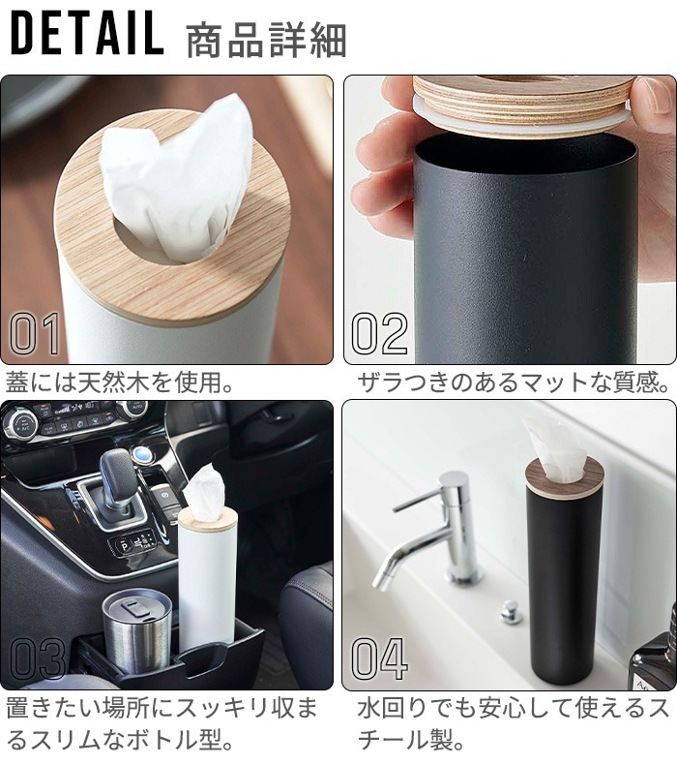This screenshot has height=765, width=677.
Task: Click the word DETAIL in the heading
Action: click(87, 34)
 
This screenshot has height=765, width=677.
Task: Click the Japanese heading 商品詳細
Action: click(266, 40)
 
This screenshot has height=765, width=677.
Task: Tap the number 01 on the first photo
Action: click(35, 334)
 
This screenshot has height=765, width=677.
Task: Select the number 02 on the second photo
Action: click(379, 334)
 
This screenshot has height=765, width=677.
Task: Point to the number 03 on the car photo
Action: click(37, 658)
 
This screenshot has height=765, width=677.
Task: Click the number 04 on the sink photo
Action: click(379, 658)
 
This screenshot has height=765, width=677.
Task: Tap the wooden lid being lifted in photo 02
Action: click(525, 105)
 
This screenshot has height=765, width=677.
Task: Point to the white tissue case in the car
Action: click(207, 576)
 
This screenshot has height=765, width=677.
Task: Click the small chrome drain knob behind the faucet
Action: click(512, 612)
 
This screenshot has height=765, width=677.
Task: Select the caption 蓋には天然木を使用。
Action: click(119, 382)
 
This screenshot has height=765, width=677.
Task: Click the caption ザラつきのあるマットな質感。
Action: click(513, 382)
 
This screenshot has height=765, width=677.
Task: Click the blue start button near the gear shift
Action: click(144, 454)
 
